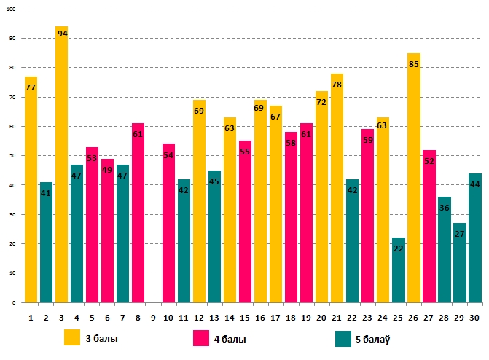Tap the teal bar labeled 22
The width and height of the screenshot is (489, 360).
(398, 270)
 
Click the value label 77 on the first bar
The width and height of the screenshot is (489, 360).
(31, 87)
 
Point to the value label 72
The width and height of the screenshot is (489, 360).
(321, 102)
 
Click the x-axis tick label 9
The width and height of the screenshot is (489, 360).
(153, 318)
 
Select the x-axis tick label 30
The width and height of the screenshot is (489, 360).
(474, 318)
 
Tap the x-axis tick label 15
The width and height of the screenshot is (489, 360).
(245, 318)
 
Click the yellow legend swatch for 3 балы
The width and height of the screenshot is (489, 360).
(72, 339)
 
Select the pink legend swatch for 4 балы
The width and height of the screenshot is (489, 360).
(201, 339)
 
